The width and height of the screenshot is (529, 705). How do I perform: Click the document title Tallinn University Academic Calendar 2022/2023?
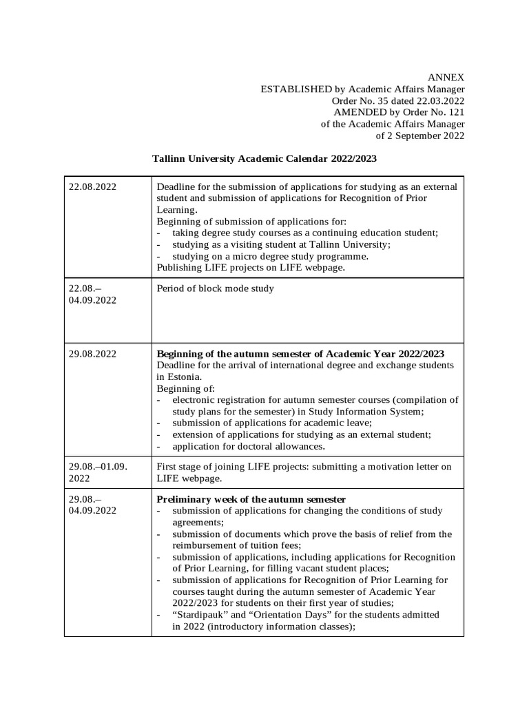[x=264, y=158]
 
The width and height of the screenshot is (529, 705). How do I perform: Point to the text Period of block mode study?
[x=216, y=288]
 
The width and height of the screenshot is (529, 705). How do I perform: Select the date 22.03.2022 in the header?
[x=439, y=101]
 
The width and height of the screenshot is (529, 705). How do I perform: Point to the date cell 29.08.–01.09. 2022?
[x=98, y=472]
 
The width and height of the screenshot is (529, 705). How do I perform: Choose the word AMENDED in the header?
[x=359, y=112]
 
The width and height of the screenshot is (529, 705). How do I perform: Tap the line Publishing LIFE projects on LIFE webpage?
[x=251, y=268]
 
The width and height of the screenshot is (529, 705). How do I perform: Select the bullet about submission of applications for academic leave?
[x=271, y=423]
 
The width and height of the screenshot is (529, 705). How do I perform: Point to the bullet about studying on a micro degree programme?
[x=270, y=256]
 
